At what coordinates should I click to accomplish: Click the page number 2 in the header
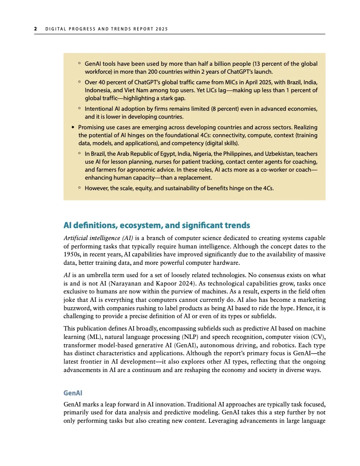pyautogui.click(x=35, y=30)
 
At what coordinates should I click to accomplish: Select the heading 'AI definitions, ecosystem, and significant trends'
pyautogui.click(x=157, y=225)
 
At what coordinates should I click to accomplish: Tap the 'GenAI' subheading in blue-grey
pyautogui.click(x=73, y=392)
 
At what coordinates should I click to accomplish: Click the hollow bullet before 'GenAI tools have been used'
pyautogui.click(x=79, y=64)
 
